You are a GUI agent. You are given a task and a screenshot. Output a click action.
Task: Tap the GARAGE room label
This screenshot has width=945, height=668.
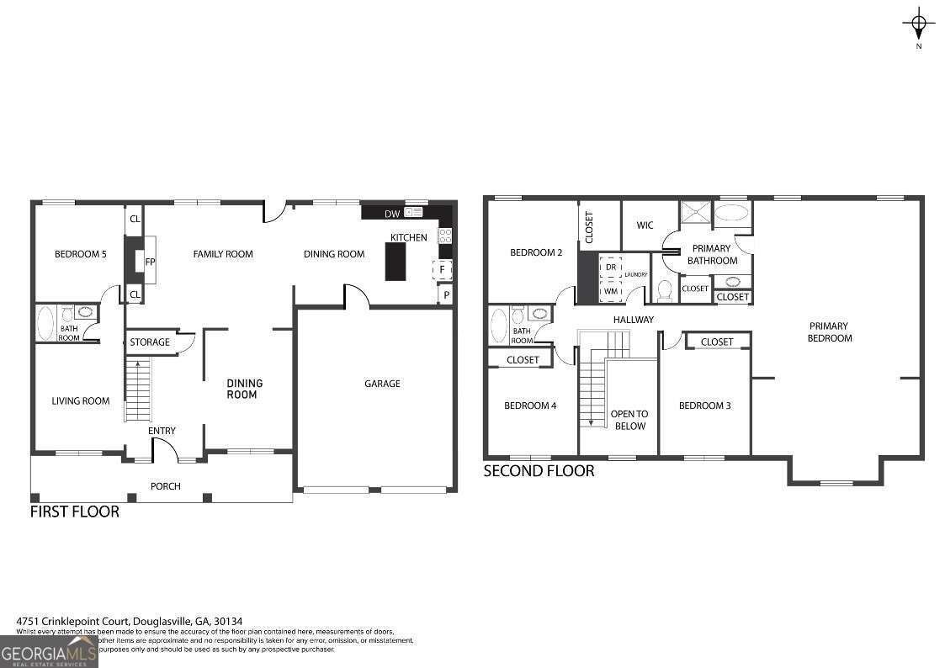click(x=382, y=384)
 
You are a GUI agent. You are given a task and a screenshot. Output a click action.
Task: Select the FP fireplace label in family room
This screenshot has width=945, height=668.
click(x=150, y=262)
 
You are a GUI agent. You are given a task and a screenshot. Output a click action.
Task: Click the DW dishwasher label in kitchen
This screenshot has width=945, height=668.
click(x=391, y=214)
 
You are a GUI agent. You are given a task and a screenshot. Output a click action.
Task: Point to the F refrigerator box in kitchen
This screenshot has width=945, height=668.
click(x=443, y=270)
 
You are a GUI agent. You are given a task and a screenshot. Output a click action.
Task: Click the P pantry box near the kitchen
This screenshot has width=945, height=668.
click(x=445, y=295)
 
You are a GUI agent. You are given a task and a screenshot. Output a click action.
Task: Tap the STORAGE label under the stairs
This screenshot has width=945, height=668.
click(x=149, y=342)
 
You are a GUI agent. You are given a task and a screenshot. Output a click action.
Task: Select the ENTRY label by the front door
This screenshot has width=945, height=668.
click(x=162, y=432)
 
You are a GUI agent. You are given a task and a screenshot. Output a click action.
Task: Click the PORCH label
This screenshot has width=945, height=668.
click(x=165, y=486)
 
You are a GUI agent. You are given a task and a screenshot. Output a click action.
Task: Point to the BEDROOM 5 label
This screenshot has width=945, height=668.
click(x=80, y=254)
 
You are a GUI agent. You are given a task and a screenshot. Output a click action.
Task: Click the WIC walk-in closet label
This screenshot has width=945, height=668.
click(x=645, y=225)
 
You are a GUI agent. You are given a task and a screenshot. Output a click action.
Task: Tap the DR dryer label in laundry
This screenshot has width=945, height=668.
click(x=611, y=267)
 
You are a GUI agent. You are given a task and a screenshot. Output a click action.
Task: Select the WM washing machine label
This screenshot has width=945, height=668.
click(x=611, y=292)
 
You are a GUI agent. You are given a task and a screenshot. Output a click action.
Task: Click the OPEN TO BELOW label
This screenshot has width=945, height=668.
click(x=629, y=420)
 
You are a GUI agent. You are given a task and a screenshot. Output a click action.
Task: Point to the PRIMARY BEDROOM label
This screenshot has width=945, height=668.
click(x=829, y=332)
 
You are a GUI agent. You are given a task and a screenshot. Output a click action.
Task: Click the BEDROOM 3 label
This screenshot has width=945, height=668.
click(x=704, y=406)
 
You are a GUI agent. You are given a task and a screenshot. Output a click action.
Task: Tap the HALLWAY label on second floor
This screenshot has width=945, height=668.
click(x=633, y=320)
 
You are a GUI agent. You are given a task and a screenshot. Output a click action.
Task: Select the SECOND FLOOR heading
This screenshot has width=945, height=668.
click(x=539, y=471)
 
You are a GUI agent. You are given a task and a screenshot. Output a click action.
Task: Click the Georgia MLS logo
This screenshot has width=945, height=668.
click(x=49, y=652)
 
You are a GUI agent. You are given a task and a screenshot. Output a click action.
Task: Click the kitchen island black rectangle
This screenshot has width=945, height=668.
click(x=396, y=261)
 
